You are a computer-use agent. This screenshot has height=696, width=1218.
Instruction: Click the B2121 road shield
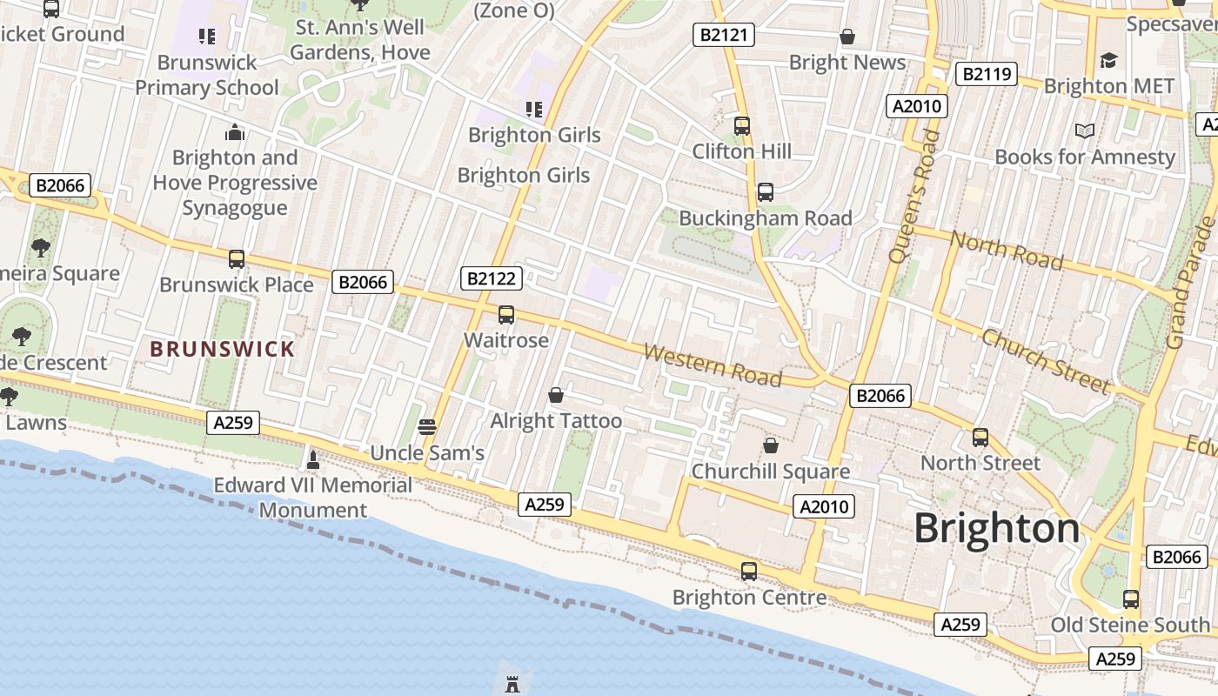click(x=723, y=35)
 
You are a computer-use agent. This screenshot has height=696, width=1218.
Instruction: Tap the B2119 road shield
click(x=986, y=74)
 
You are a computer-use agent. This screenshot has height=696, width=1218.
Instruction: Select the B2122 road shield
click(x=492, y=278)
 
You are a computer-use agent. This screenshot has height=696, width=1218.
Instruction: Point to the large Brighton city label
click(x=996, y=528)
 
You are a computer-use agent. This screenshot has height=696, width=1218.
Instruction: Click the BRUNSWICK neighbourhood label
click(x=223, y=350)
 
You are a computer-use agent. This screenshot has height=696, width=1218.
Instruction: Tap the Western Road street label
click(x=713, y=365)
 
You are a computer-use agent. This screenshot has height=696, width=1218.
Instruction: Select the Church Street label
click(x=1046, y=361)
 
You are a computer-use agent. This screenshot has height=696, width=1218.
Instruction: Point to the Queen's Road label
click(x=914, y=196)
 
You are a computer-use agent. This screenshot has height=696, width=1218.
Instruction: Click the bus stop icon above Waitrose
click(x=506, y=315)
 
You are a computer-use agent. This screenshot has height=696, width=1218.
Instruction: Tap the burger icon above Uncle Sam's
click(x=426, y=427)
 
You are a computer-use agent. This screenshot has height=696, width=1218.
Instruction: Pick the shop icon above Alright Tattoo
click(x=556, y=396)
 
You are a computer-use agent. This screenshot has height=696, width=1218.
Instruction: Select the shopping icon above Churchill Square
click(x=770, y=446)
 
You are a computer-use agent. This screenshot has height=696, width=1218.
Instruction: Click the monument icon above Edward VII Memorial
click(x=313, y=458)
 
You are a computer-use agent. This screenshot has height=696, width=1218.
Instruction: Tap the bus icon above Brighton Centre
click(x=749, y=572)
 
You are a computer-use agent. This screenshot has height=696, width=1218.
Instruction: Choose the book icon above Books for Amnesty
click(x=1084, y=131)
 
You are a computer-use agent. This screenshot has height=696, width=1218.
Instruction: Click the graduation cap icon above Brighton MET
click(x=1108, y=61)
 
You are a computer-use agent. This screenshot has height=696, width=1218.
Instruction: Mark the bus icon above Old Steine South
click(x=1130, y=599)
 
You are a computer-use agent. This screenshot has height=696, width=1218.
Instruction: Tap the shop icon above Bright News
click(x=847, y=37)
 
